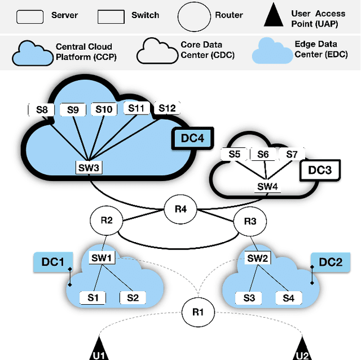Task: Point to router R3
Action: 250,221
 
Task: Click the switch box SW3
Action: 89,168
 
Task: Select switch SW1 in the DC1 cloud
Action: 103,258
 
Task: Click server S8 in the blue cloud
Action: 41,109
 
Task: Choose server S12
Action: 167,108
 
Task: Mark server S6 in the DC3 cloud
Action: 263,154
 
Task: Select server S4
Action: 288,297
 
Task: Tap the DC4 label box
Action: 187,138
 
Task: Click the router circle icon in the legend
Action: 195,15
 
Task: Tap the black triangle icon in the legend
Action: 273,17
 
